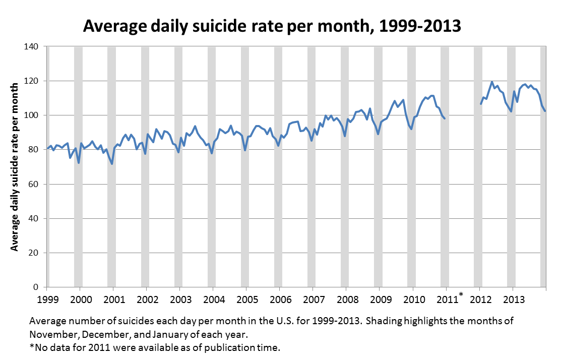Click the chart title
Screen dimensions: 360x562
coord(272,26)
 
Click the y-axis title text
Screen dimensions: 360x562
coord(15,166)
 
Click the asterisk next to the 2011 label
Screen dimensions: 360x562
coord(461,294)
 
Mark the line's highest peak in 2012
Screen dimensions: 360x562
coord(492,82)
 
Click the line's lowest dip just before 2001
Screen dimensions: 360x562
coord(112,163)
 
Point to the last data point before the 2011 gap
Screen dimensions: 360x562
coord(444,118)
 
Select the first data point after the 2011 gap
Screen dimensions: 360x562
coord(481,104)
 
